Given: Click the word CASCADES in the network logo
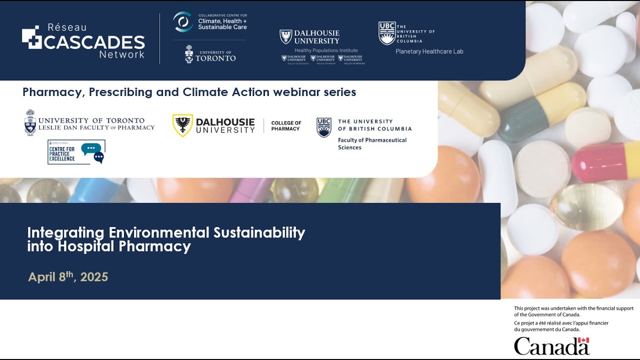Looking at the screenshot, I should [x=94, y=42].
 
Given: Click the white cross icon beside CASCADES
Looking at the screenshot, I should [x=31, y=38].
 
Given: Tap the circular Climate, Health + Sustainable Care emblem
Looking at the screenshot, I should [x=183, y=22].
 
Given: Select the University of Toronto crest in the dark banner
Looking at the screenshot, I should [x=189, y=54].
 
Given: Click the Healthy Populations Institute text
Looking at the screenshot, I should [x=326, y=50].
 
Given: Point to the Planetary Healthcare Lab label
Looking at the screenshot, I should [x=429, y=51].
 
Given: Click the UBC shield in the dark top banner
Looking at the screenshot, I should [x=387, y=33].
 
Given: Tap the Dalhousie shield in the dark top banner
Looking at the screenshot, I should [x=285, y=37].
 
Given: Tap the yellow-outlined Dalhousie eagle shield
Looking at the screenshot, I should [x=182, y=125].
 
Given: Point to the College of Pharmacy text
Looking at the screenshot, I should [x=286, y=126].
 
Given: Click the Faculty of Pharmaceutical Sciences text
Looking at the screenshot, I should [x=372, y=144].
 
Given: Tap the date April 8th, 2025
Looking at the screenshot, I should [x=68, y=277].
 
